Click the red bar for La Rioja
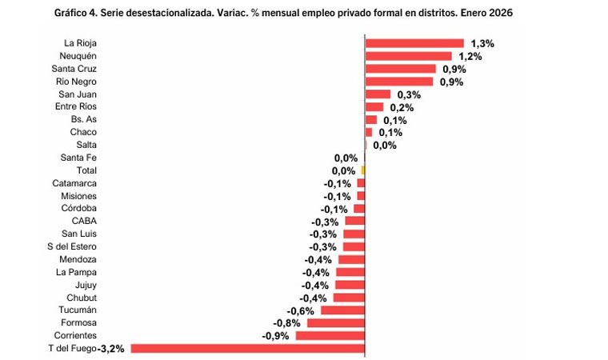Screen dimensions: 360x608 [x=414, y=43]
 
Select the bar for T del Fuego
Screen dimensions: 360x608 [x=247, y=348]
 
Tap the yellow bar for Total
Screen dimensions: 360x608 [x=363, y=170]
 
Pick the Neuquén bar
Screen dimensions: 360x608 [x=409, y=56]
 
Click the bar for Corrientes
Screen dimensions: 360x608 [x=330, y=335]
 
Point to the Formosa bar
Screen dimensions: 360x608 [x=336, y=322]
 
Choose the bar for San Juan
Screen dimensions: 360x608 [x=378, y=94]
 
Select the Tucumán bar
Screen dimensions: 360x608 [x=342, y=310]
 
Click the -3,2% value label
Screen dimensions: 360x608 [x=111, y=349]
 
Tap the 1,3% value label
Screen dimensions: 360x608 [x=482, y=43]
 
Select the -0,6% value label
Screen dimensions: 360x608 [x=301, y=310]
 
